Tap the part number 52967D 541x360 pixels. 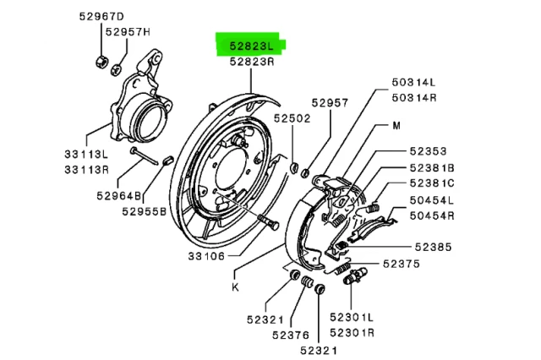(x=104, y=17)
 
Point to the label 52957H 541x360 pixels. (x=128, y=32)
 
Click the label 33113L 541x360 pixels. (x=86, y=155)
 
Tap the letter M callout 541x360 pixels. (x=396, y=126)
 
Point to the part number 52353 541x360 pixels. (x=429, y=151)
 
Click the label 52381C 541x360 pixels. (x=432, y=183)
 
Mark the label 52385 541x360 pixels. (x=433, y=247)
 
